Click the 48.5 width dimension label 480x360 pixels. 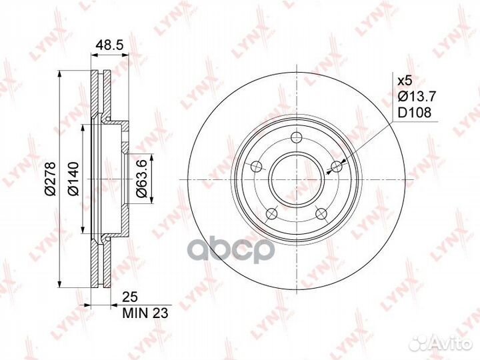109,45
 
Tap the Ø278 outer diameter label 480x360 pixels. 49,179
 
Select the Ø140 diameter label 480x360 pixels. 73,179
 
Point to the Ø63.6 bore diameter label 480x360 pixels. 142,179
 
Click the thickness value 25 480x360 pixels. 130,297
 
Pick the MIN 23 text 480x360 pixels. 145,313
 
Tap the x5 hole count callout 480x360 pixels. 405,81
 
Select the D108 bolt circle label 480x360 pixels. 414,113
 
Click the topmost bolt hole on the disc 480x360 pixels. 296,137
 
